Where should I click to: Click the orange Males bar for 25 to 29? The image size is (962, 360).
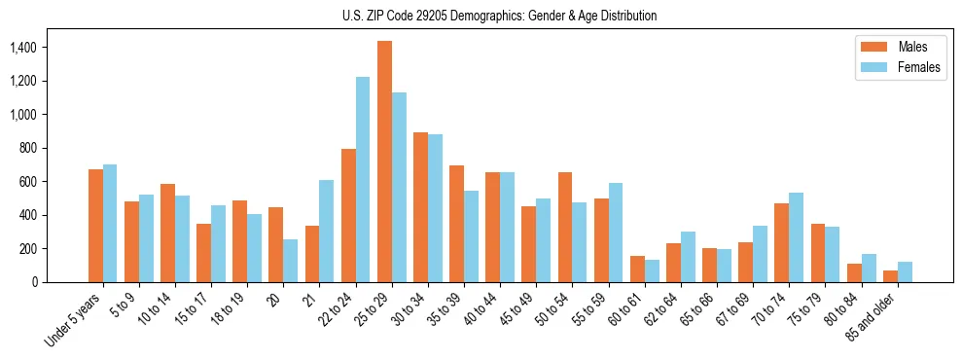tap(384, 162)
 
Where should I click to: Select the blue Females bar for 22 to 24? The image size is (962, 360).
tap(363, 179)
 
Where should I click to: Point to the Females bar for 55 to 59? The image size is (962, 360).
tap(616, 233)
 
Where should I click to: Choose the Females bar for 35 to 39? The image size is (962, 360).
tap(471, 236)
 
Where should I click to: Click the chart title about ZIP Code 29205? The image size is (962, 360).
tap(499, 16)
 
